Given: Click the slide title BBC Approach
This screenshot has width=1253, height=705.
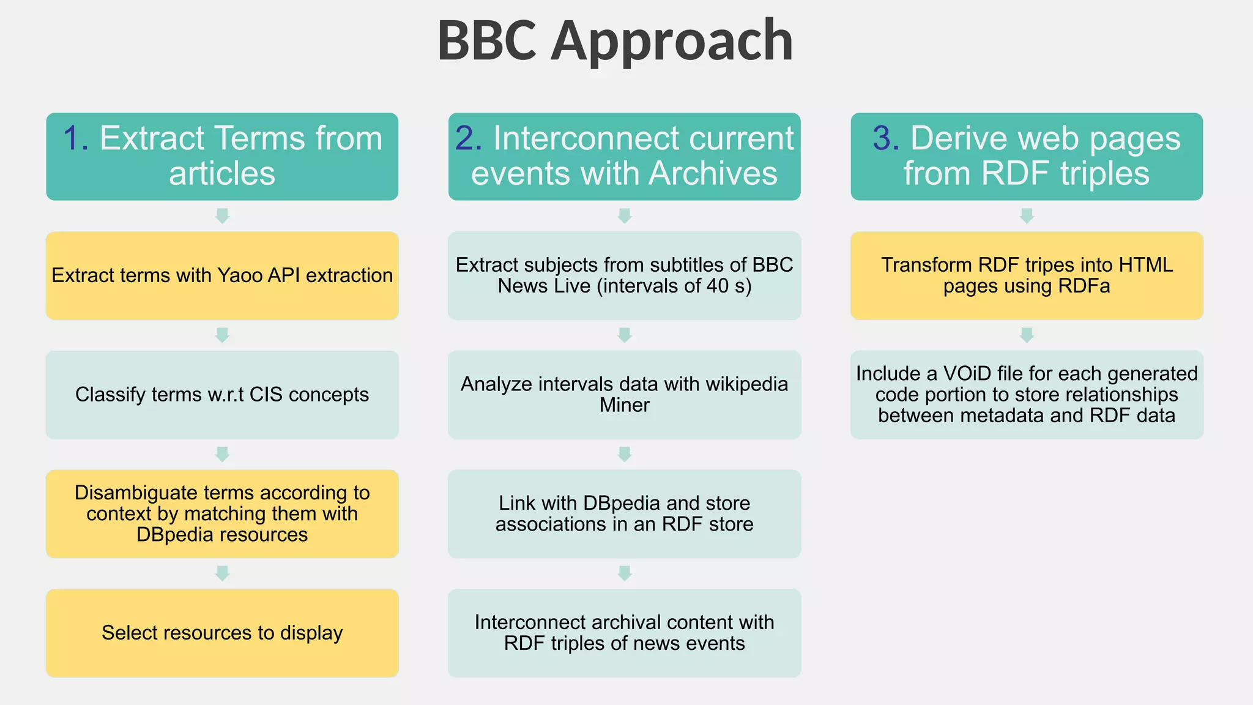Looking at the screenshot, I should [x=615, y=41].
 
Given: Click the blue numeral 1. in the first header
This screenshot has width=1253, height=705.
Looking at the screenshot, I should [x=76, y=138].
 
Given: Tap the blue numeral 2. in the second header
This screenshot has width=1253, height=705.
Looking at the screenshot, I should [x=469, y=138].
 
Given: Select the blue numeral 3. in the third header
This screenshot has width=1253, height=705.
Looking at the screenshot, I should [x=886, y=138].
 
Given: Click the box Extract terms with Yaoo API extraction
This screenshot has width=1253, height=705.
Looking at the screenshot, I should [x=222, y=275].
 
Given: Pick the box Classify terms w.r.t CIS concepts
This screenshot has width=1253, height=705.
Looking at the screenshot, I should [x=222, y=395].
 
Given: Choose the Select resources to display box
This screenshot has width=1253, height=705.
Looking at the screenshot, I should [x=222, y=633].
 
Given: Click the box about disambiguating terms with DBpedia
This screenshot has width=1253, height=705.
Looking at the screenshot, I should [x=222, y=513].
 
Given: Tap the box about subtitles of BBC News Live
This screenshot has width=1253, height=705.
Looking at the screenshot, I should [x=624, y=275].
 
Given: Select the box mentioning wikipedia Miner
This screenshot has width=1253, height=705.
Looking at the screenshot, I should [x=624, y=395].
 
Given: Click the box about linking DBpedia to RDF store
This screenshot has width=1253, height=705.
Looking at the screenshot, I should [x=624, y=513].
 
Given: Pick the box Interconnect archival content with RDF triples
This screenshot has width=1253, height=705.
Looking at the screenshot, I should [x=624, y=633].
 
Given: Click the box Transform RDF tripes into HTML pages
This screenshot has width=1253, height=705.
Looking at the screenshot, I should [x=1027, y=275].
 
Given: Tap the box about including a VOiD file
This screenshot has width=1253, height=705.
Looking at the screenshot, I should [x=1027, y=395].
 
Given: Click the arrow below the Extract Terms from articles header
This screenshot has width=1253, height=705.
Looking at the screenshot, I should [x=222, y=216].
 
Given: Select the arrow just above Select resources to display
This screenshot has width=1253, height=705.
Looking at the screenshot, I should [x=222, y=573].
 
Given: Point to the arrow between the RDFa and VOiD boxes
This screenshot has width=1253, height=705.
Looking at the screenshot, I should [x=1027, y=335].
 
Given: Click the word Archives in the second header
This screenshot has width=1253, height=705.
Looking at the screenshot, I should [x=713, y=173].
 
